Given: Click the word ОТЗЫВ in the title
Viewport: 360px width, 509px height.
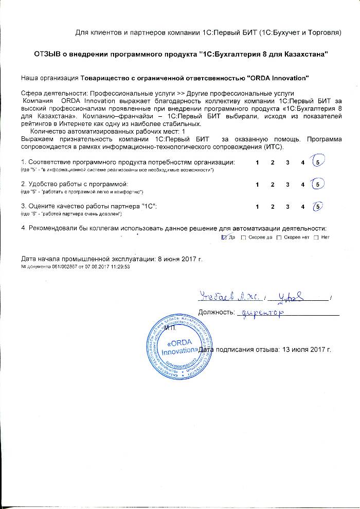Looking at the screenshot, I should coord(48,54).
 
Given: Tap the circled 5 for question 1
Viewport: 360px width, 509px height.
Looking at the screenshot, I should coord(318,162).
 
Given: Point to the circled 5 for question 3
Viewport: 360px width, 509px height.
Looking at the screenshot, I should coord(318,207).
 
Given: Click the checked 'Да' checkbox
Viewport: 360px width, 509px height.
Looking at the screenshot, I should coord(224,237).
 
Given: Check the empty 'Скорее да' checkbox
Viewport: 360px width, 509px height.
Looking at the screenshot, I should coord(243,237).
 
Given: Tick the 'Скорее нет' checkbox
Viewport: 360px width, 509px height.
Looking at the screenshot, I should coord(279,237).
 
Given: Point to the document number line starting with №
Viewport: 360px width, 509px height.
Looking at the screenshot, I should coord(75,267).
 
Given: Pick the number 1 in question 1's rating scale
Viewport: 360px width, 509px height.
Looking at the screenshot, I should coord(257,163).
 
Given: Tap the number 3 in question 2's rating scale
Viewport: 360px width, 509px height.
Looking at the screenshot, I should coord(288,185).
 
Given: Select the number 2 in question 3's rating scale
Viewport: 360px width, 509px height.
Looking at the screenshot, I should coord(273,207).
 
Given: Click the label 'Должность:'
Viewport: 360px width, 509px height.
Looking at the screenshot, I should coord(217,312).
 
